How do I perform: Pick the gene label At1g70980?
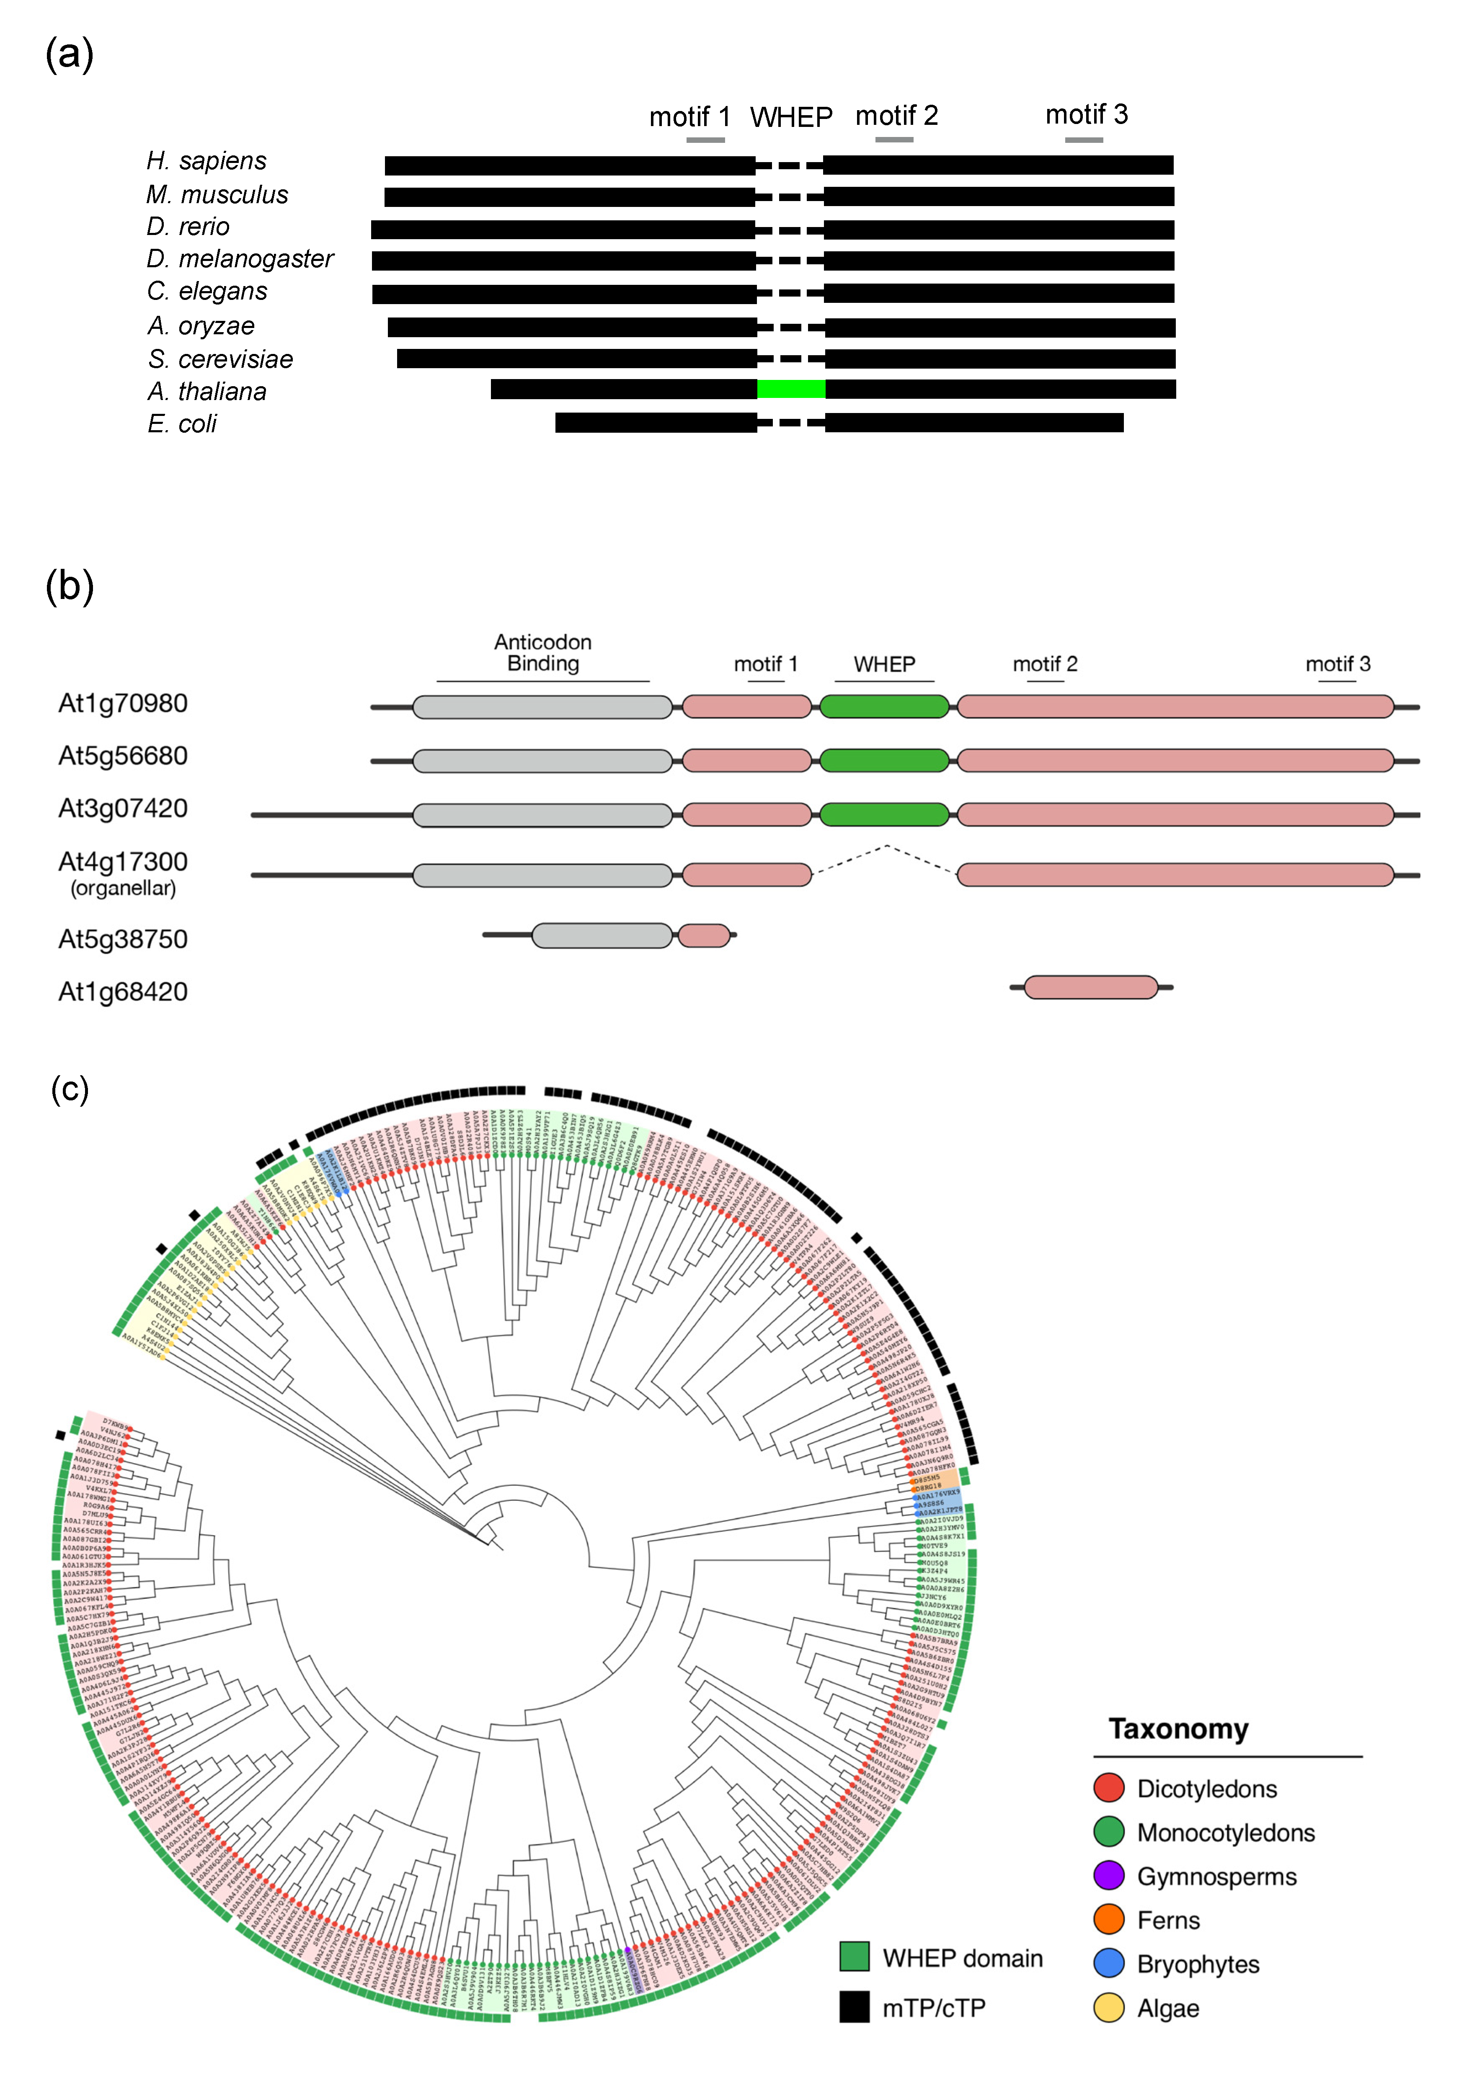[123, 703]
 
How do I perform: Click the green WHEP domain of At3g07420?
[884, 814]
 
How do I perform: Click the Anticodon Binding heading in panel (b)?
[543, 653]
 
